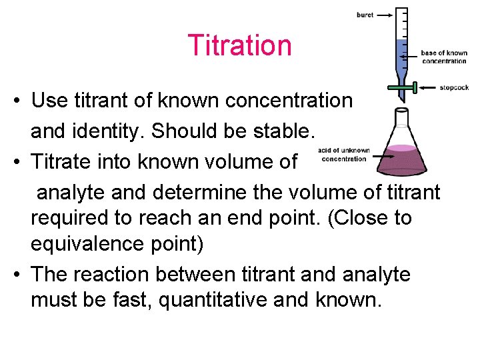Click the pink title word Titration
coord(239,46)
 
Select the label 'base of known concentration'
coord(444,57)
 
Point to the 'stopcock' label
coord(454,87)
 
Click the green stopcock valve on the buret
coord(402,87)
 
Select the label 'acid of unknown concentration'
coord(343,155)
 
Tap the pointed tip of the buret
coord(401,100)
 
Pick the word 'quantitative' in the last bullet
coord(233,299)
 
